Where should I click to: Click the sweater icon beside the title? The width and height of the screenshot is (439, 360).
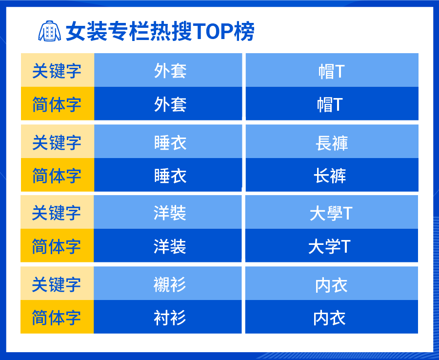(x=49, y=31)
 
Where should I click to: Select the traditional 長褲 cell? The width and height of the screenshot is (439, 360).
(x=332, y=142)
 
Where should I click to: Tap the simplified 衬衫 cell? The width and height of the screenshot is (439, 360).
(x=170, y=318)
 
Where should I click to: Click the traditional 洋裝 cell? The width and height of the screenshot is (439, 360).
(x=170, y=213)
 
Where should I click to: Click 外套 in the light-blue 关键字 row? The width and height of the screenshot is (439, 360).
(x=170, y=71)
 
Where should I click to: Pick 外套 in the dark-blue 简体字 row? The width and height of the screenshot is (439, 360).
(x=170, y=104)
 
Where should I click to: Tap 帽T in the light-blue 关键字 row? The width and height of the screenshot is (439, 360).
(x=332, y=71)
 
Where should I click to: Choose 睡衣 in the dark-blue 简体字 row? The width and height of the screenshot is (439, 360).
(x=170, y=176)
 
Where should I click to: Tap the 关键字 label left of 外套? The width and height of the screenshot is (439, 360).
(x=57, y=71)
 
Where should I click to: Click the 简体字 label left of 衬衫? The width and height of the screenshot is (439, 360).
(x=57, y=318)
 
